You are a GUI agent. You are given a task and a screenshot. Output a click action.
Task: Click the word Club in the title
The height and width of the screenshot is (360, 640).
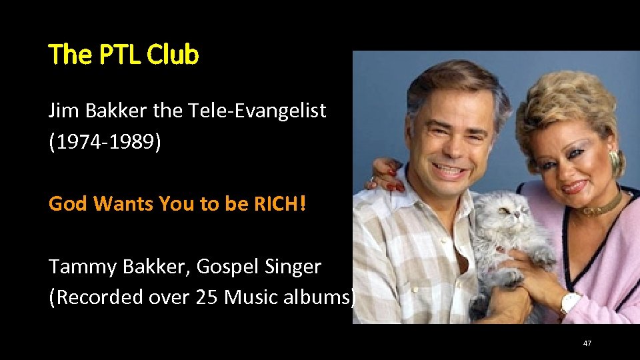coord(173,55)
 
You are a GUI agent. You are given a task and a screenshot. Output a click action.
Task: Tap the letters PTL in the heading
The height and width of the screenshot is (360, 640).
coord(120,55)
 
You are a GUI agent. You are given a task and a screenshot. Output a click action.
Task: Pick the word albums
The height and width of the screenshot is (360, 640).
coord(313,297)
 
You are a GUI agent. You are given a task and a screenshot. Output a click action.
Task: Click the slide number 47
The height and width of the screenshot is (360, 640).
coord(587,343)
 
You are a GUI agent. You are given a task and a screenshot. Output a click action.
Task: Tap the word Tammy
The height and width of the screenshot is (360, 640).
coord(82,267)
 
